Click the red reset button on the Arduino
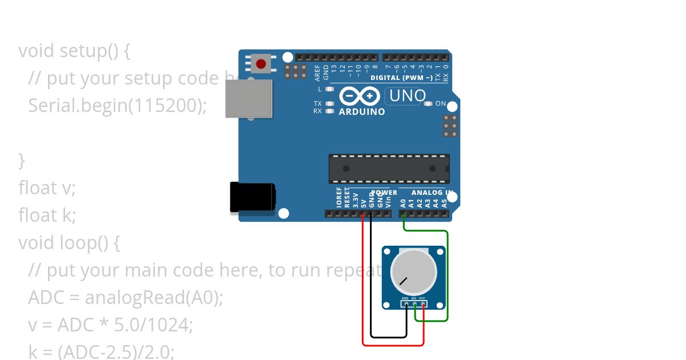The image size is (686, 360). point(261,63)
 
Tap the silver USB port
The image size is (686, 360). point(249,98)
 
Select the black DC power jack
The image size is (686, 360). point(252,198)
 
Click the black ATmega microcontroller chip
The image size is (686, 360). point(389,169)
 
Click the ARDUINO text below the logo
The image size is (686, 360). point(362,112)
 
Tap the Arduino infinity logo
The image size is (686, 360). point(360,95)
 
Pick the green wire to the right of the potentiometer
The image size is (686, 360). point(448,274)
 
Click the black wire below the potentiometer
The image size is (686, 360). point(389,337)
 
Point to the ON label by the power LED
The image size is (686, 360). point(441,104)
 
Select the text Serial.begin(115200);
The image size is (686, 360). point(117,106)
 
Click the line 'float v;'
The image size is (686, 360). point(47,188)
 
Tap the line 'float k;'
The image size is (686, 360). point(47,215)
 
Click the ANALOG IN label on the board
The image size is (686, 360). point(432,193)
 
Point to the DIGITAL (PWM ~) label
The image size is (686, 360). point(401,78)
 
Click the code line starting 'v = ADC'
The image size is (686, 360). point(110,325)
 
